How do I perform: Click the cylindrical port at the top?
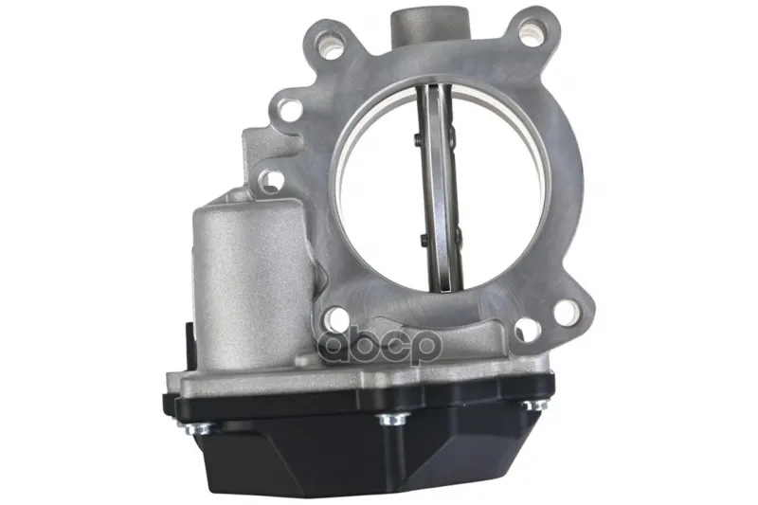430,26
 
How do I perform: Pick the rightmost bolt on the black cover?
533,404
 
